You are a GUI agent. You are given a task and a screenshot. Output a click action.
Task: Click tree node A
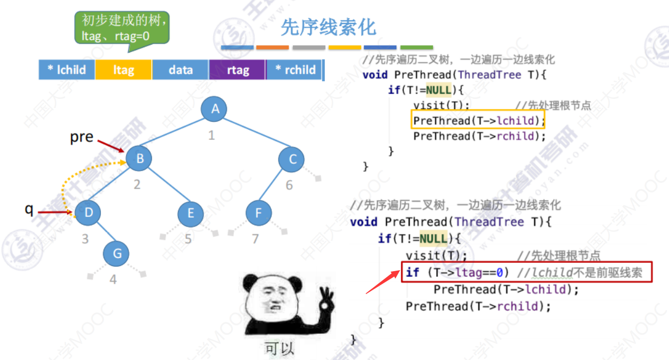click(x=215, y=109)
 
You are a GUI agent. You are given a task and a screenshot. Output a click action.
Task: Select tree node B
click(x=139, y=158)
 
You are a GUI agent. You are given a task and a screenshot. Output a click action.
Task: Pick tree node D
click(x=88, y=213)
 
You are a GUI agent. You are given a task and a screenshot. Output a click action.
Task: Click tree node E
click(x=190, y=214)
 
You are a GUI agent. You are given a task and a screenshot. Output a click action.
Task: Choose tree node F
click(x=259, y=213)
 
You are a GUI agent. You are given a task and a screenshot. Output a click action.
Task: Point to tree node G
click(x=117, y=254)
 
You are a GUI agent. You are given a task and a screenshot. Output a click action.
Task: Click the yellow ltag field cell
click(x=123, y=70)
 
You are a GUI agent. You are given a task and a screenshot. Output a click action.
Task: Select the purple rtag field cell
click(x=238, y=70)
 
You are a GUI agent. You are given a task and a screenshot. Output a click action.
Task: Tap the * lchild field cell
click(x=67, y=70)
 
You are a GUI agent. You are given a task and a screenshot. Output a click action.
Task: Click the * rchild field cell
click(x=295, y=70)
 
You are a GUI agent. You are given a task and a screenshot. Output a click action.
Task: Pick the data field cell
click(x=181, y=70)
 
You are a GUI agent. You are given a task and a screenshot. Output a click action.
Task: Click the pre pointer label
click(x=82, y=137)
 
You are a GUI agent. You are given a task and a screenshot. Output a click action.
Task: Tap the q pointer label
click(x=29, y=208)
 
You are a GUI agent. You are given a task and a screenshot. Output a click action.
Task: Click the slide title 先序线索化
click(x=328, y=27)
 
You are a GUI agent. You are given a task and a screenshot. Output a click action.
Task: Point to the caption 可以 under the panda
click(x=279, y=348)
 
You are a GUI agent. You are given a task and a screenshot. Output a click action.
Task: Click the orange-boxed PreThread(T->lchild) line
click(x=479, y=121)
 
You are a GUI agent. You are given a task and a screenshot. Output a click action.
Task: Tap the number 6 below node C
click(x=290, y=185)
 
